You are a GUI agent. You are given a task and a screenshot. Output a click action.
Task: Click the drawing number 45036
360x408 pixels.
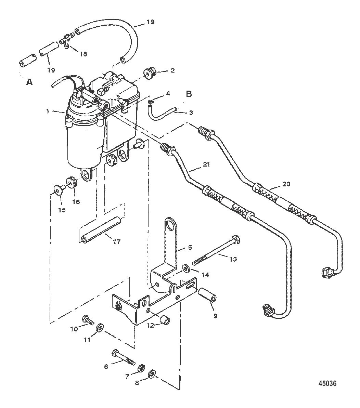327,383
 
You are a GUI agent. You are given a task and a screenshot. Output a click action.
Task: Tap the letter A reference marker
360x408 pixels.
30,82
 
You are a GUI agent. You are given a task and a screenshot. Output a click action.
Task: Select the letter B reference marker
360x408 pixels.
189,94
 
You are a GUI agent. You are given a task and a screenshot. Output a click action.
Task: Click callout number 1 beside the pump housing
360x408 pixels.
47,111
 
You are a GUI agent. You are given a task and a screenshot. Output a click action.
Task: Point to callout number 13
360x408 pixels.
233,259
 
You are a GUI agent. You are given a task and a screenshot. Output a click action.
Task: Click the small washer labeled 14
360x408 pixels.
186,268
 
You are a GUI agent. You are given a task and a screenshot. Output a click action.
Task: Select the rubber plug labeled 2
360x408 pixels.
151,72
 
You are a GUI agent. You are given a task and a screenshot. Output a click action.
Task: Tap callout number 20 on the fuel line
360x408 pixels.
286,184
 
